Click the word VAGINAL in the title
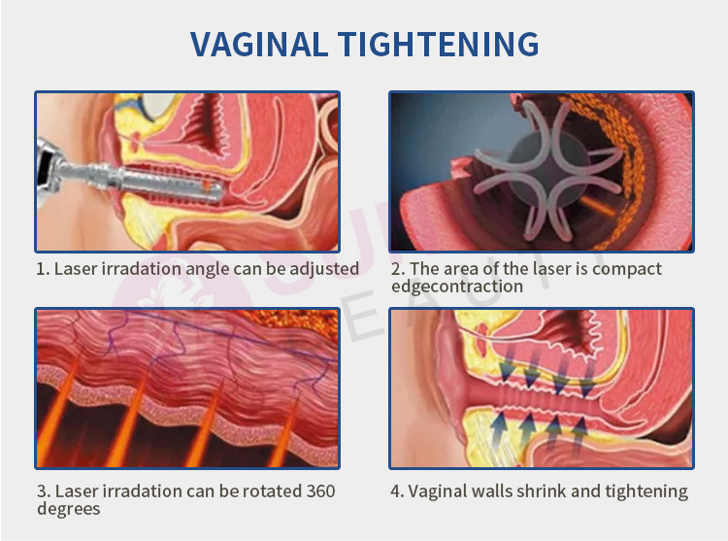coord(259,45)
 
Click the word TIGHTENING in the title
coord(438,45)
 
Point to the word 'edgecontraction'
coord(457,287)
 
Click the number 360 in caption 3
coord(320,491)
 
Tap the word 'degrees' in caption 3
coord(69,509)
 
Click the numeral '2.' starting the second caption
coord(398,269)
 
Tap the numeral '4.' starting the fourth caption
coord(397,491)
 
